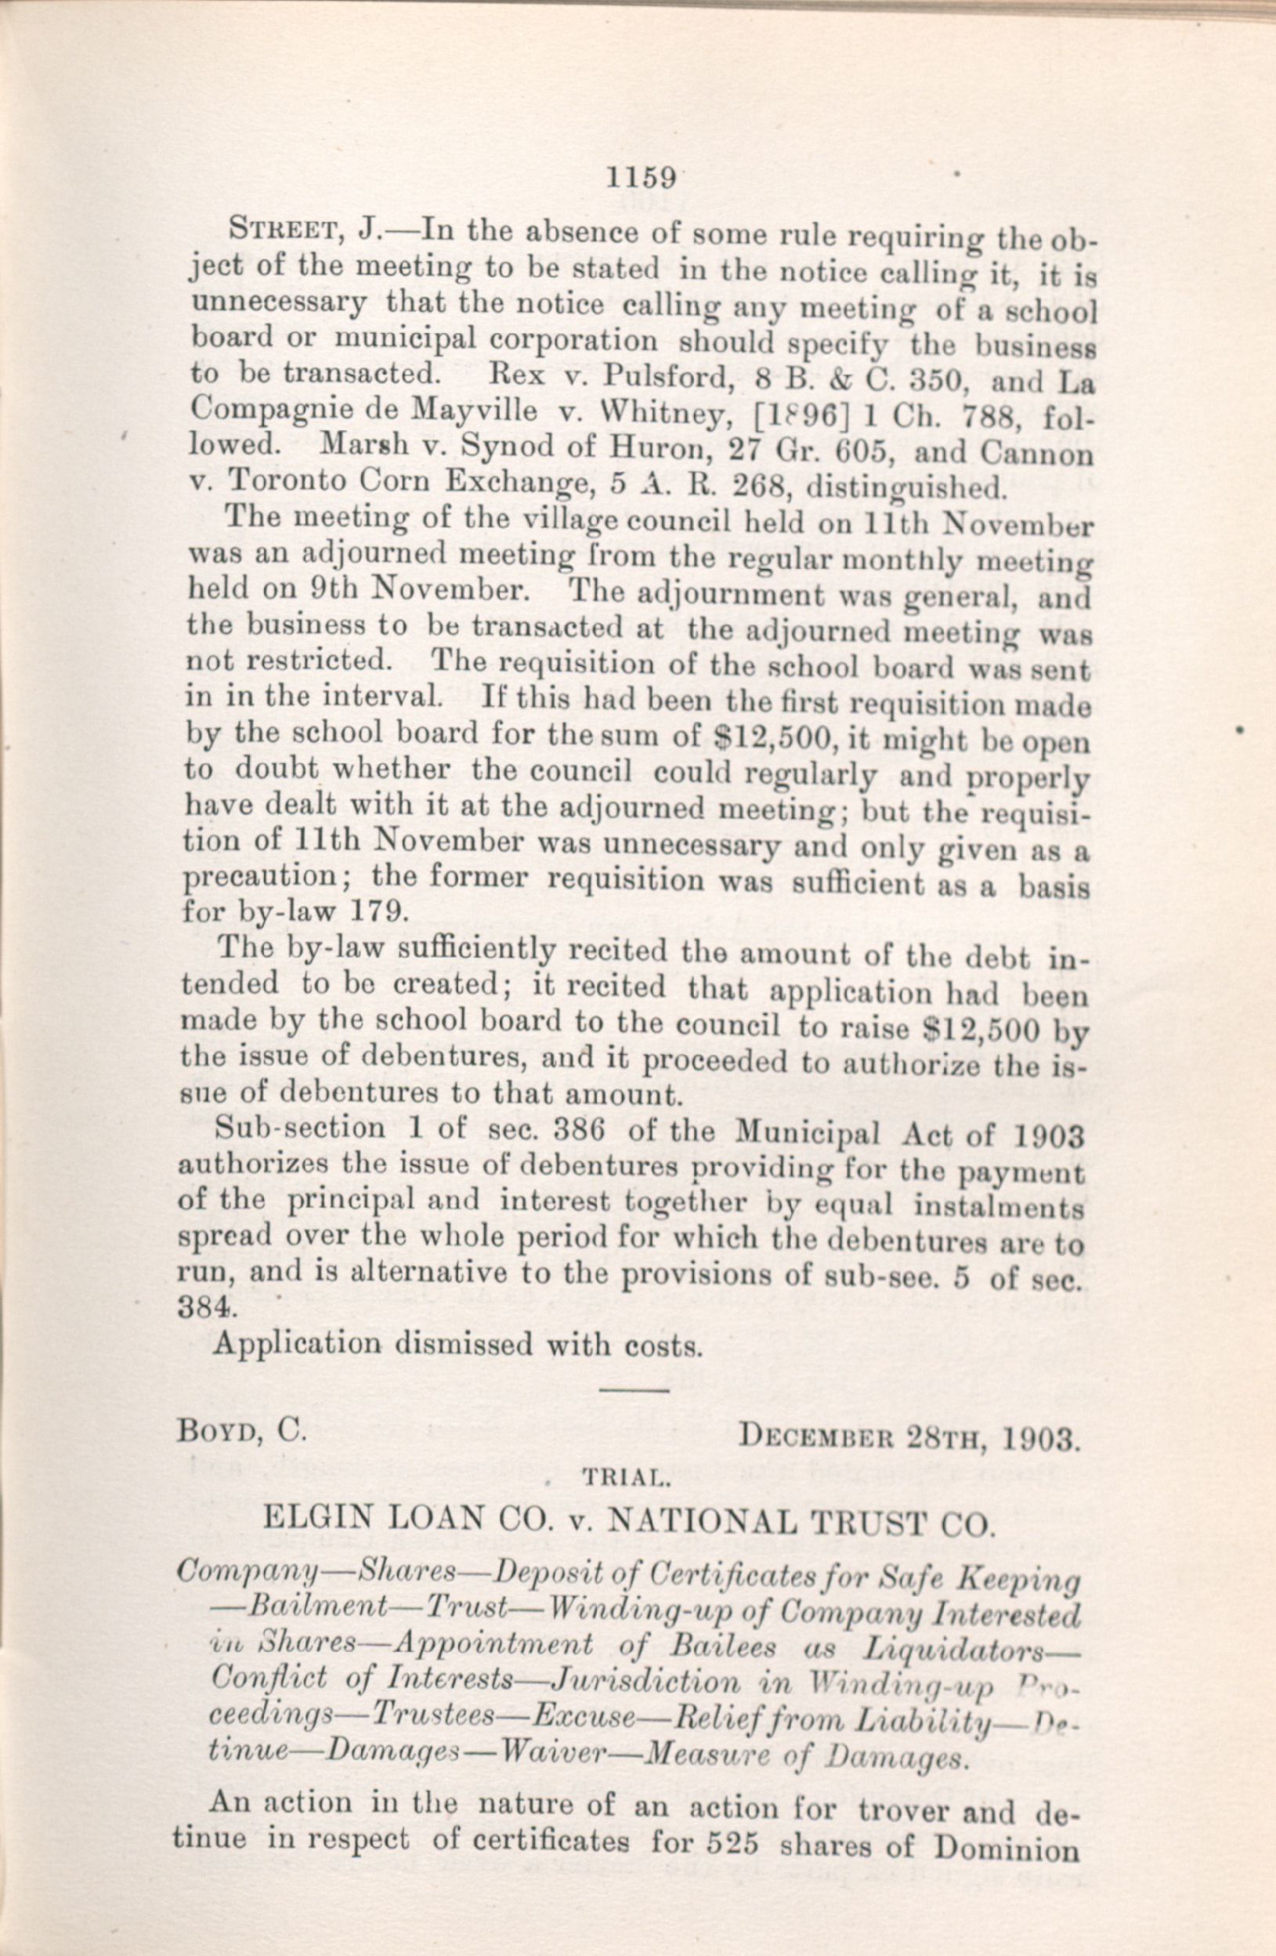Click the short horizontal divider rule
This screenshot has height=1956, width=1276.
click(634, 1390)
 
